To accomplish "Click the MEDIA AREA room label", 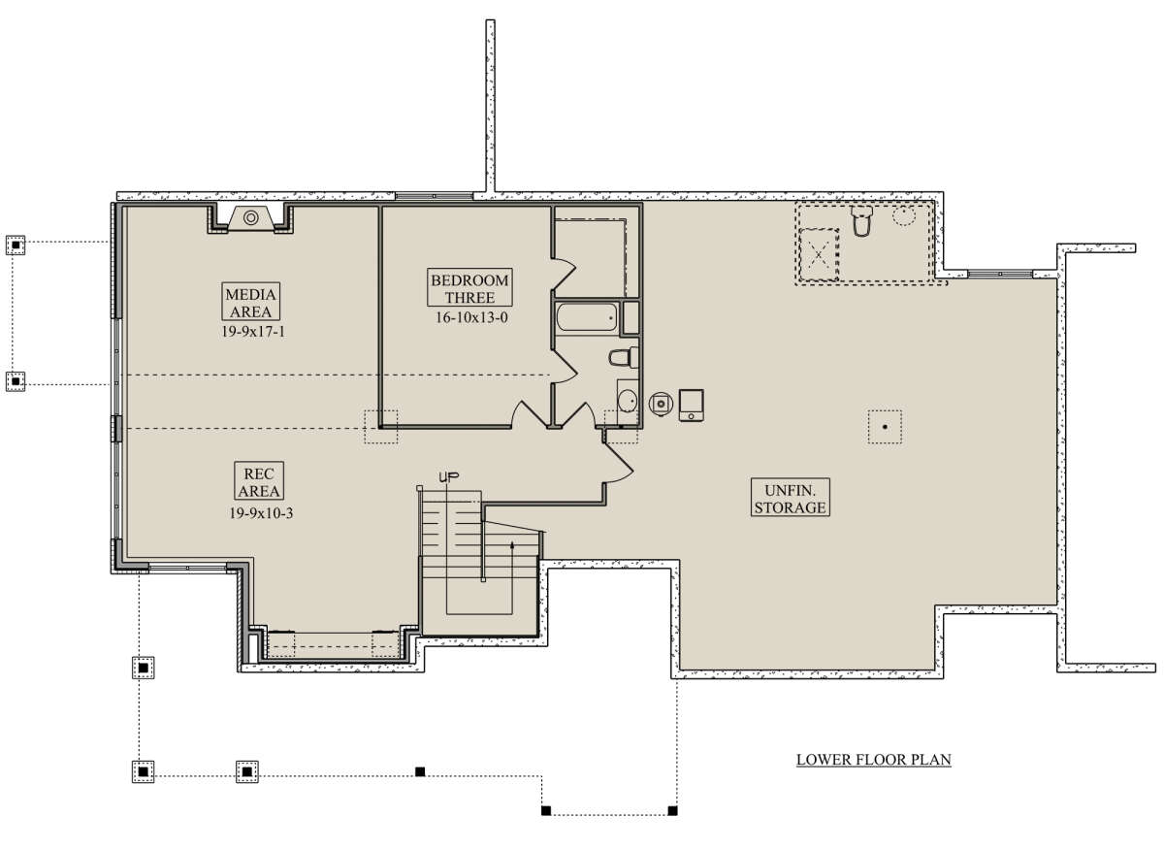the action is [x=251, y=302].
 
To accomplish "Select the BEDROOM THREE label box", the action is [x=469, y=288].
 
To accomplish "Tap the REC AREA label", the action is [x=259, y=481].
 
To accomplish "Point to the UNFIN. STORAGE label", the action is [x=790, y=498].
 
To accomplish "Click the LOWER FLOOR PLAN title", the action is [x=874, y=760].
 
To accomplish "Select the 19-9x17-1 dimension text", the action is [x=253, y=332].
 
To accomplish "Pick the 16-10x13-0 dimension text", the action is [x=471, y=317].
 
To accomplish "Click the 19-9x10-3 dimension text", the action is [x=261, y=513].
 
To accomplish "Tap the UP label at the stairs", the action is [x=449, y=476].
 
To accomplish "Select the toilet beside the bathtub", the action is [x=624, y=358].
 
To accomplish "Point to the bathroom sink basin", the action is [x=628, y=401].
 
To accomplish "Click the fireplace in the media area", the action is [x=251, y=218].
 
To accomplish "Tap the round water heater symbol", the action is [x=661, y=404].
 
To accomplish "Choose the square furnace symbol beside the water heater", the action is [x=692, y=405].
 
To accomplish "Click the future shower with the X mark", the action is [x=819, y=255].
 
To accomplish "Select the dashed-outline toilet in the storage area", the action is [x=862, y=221].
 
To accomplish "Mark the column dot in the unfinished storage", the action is [x=885, y=427].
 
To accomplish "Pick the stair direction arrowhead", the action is [x=512, y=545].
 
